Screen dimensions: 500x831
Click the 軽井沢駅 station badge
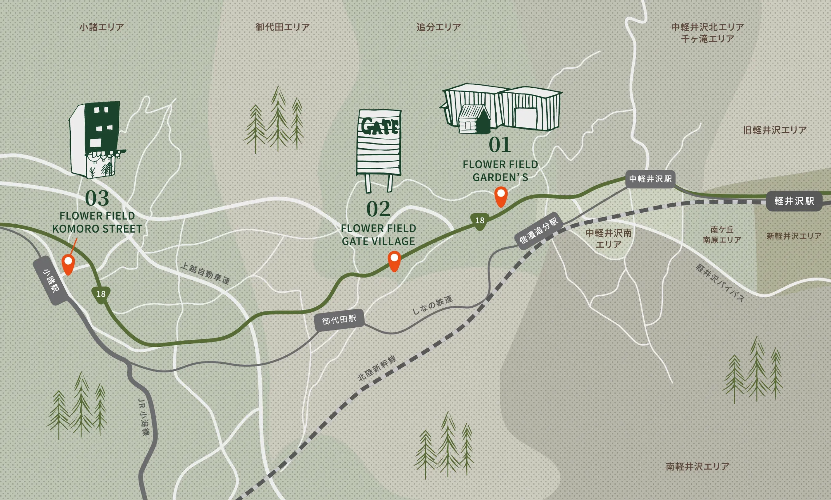794,201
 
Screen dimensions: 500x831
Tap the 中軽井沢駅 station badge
650,178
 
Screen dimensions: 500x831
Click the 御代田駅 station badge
339,319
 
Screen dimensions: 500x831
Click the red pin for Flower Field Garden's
501,196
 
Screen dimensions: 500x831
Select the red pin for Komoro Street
68,264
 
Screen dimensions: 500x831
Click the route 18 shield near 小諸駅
101,294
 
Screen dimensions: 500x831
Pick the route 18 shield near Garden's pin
479,221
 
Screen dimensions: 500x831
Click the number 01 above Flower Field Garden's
500,145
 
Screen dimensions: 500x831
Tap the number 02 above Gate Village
378,209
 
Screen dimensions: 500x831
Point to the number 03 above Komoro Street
97,198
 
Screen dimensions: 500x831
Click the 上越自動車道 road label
205,274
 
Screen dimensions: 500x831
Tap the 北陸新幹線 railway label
377,368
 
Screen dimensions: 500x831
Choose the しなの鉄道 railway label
432,305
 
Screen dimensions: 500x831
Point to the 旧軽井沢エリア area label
775,130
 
